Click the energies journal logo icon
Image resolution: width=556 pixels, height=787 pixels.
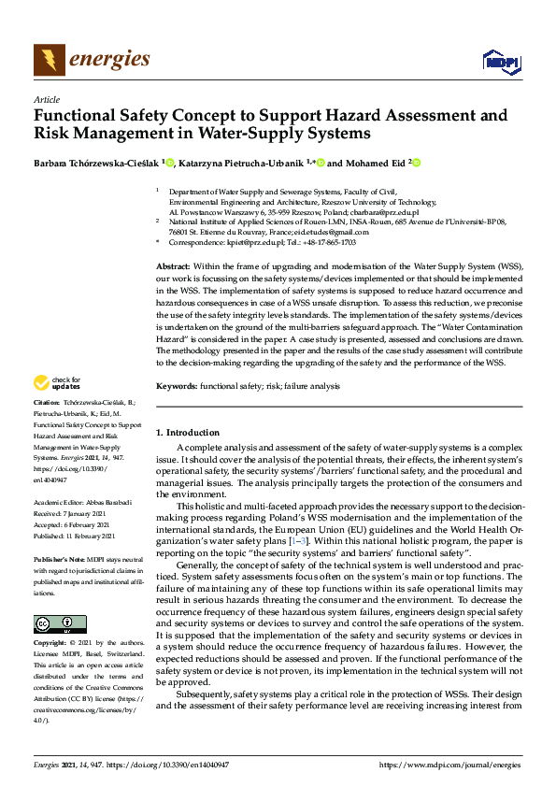point(48,60)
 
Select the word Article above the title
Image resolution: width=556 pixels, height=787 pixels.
point(46,99)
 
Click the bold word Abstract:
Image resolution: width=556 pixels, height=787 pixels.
point(174,267)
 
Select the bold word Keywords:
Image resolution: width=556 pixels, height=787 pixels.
point(176,385)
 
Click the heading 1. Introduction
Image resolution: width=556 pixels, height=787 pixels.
point(188,433)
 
